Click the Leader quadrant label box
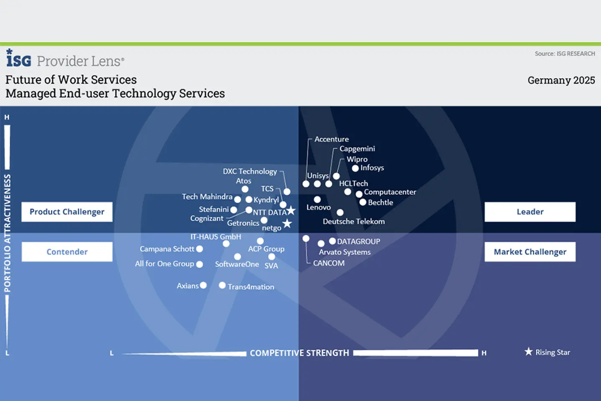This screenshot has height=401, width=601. tap(530, 212)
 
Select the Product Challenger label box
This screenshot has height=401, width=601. tap(67, 212)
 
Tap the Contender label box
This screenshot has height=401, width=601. tap(67, 252)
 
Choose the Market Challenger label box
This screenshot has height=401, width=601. tap(530, 252)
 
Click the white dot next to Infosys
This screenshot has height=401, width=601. tap(355, 168)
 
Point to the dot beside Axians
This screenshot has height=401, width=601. tap(203, 285)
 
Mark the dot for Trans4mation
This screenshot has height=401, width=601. tap(222, 285)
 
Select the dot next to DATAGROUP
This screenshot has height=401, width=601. tap(332, 241)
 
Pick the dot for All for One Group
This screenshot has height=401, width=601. tap(199, 264)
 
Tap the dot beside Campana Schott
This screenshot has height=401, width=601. tap(199, 249)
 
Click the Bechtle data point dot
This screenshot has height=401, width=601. tap(363, 202)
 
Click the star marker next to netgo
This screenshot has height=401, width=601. tap(287, 223)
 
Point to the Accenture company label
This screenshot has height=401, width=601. tap(331, 139)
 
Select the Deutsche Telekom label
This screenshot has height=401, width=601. tap(354, 221)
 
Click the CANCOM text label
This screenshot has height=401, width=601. tap(329, 263)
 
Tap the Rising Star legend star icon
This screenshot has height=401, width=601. tap(528, 352)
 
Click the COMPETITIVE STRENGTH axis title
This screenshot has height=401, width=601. tap(299, 353)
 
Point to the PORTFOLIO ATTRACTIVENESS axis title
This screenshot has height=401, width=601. tap(8, 233)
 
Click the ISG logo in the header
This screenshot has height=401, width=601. tap(19, 58)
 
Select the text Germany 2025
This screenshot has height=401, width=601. tap(561, 80)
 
